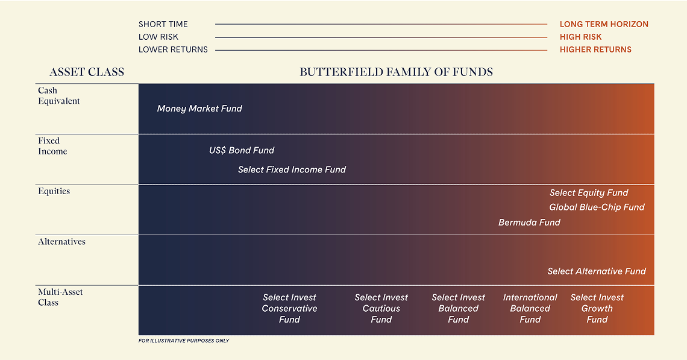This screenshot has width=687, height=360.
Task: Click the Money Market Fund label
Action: click(x=199, y=109)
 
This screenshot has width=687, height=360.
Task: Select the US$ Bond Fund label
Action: click(x=242, y=150)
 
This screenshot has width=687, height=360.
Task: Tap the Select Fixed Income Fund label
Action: click(x=292, y=169)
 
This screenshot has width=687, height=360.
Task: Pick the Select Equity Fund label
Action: click(x=589, y=193)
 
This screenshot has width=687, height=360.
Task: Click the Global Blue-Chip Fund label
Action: click(x=597, y=207)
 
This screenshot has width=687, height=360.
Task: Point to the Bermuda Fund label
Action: click(x=529, y=223)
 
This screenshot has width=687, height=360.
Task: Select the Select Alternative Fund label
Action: click(x=596, y=271)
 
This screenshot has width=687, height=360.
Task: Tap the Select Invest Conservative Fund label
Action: click(x=289, y=308)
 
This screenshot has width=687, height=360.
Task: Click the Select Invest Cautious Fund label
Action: click(x=381, y=308)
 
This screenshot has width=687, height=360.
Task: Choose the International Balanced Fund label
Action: click(x=530, y=308)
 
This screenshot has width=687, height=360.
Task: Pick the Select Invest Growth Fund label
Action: click(x=597, y=308)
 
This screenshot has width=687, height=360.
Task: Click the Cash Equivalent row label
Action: click(x=59, y=96)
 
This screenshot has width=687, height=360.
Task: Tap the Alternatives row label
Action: click(x=61, y=242)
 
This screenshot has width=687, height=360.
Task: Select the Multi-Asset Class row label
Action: click(x=60, y=297)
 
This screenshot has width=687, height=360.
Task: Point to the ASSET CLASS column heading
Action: click(x=87, y=72)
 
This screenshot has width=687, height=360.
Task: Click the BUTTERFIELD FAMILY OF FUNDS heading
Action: click(x=396, y=72)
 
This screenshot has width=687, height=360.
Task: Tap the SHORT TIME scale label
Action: click(x=163, y=24)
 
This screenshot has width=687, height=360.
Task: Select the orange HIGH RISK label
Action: click(x=580, y=37)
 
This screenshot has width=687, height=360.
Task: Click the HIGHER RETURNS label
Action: click(x=595, y=49)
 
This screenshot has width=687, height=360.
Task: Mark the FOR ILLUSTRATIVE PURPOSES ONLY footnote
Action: click(x=184, y=341)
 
